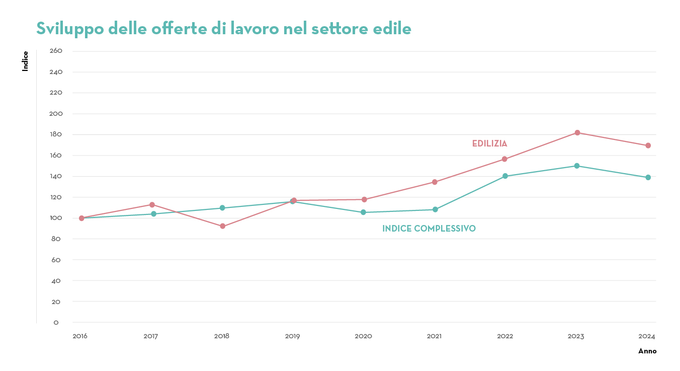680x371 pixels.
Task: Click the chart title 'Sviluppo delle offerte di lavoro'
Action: coord(223,29)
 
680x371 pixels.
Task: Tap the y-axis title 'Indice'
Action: coord(25,61)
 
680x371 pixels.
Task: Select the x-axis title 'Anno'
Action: coord(647,351)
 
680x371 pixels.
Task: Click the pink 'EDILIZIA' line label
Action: coord(489,144)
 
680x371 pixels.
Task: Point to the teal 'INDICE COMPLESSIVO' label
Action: coord(429,229)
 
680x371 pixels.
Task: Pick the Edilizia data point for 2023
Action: coord(577,133)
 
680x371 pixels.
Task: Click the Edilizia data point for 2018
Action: coord(222,227)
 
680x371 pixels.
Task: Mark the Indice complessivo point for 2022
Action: coord(505,176)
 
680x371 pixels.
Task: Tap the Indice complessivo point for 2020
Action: coord(363,212)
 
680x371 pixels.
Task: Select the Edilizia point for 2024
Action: coord(648,145)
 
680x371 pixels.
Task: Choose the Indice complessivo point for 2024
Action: coord(648,178)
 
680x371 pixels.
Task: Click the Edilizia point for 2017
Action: coord(152,205)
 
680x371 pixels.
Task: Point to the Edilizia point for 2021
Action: coord(435,182)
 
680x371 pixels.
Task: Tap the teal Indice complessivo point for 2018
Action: coord(222,208)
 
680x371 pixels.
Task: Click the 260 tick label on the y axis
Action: coord(56,51)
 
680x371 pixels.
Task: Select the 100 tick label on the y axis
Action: coord(56,218)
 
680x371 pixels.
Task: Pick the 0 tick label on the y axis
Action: coord(56,322)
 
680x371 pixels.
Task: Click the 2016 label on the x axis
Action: coord(80,336)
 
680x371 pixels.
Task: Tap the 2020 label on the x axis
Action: coord(363,336)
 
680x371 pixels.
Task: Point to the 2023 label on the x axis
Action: coord(576,336)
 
